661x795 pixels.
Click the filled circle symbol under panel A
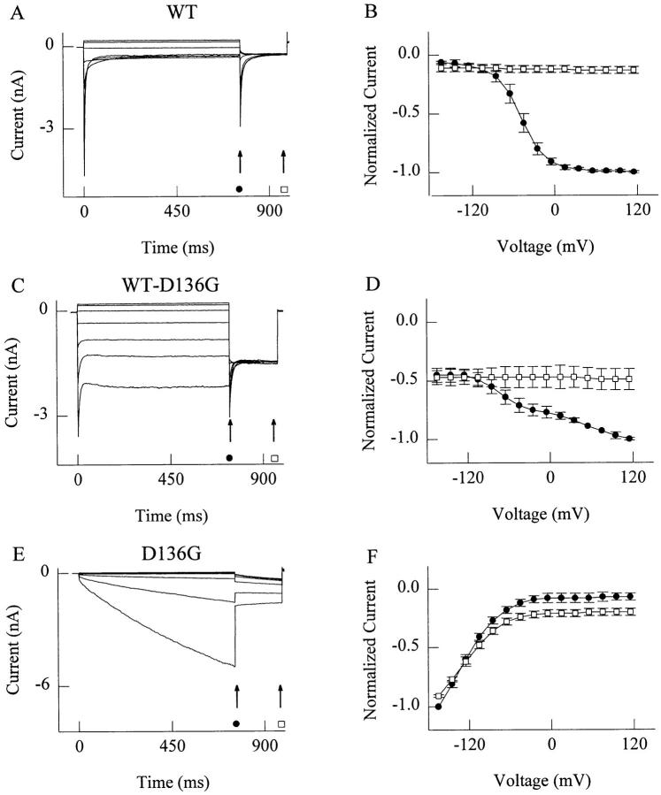240,188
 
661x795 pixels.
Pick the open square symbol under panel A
284,189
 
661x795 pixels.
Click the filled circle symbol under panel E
236,723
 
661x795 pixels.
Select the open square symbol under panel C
274,457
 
